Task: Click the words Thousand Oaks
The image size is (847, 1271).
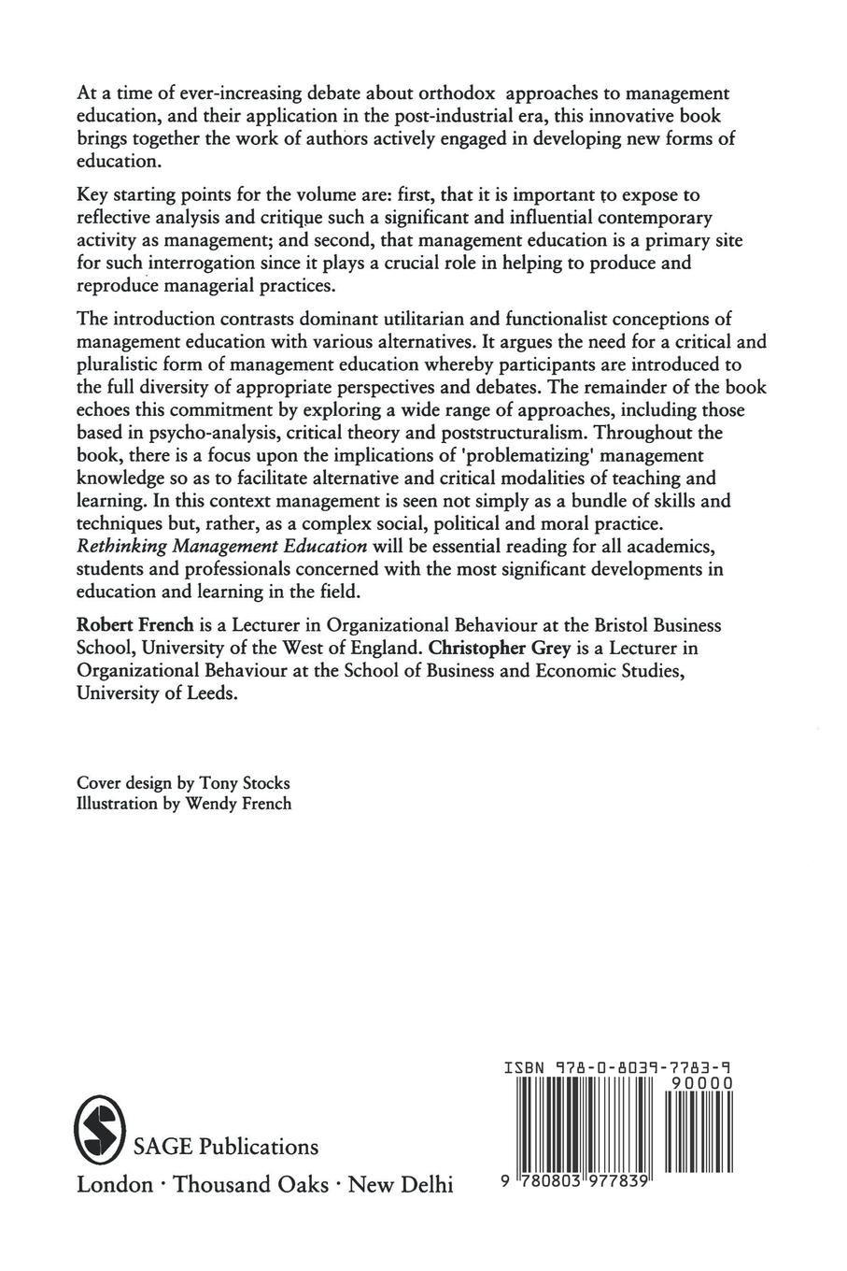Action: click(251, 1184)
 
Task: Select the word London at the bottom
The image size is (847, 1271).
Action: click(114, 1184)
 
